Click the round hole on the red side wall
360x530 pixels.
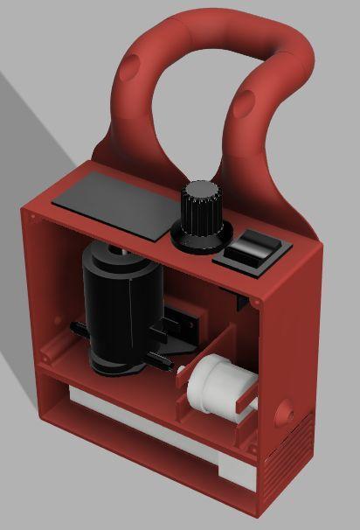point(286,409)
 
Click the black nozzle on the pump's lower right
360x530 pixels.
point(157,359)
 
